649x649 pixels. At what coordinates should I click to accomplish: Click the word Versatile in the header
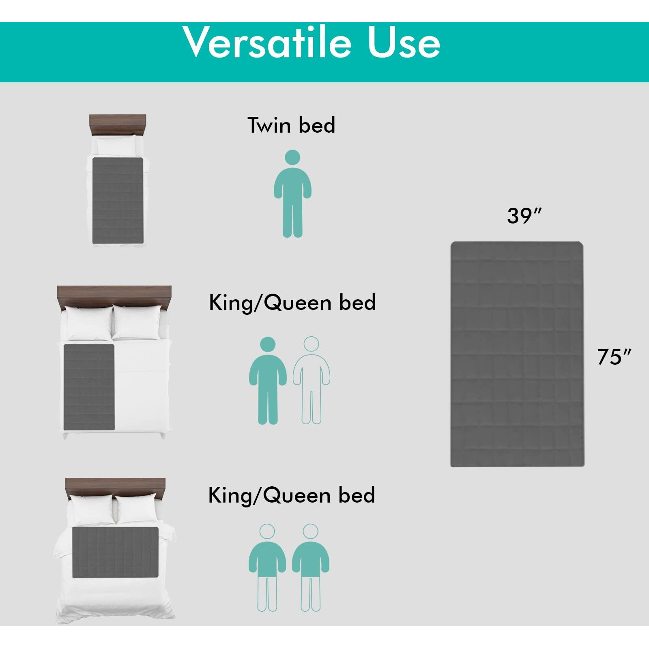pos(267,42)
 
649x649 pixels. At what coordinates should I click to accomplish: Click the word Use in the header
pos(404,43)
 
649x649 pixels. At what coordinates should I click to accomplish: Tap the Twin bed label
pos(291,125)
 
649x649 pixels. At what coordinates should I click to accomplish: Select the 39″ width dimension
pos(524,215)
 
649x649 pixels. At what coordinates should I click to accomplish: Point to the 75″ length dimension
pos(614,357)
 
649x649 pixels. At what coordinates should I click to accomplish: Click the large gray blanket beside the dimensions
pos(517,354)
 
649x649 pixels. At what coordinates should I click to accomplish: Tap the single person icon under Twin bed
pos(292,194)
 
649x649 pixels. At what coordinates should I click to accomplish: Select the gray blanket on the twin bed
pos(118,200)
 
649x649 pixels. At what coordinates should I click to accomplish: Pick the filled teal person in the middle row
pos(268,380)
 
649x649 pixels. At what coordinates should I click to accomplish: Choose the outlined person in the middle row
pos(312,380)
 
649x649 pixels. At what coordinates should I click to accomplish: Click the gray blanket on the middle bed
pos(89,387)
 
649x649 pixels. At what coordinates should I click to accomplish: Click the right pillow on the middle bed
pos(135,322)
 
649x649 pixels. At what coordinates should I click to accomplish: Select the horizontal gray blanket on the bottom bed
pos(115,552)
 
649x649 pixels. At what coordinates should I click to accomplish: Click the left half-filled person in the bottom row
pos(267,567)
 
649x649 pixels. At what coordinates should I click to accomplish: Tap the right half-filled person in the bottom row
pos(311,567)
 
